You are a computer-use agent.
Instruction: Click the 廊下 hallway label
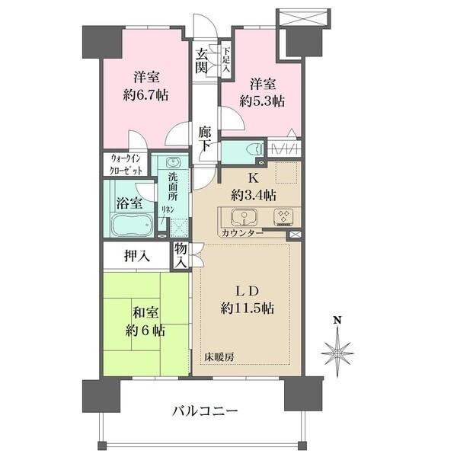pyautogui.click(x=204, y=136)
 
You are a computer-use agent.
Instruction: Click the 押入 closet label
pyautogui.click(x=137, y=256)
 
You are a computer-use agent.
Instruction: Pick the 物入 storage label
pyautogui.click(x=180, y=255)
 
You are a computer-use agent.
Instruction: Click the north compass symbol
pyautogui.click(x=337, y=351)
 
